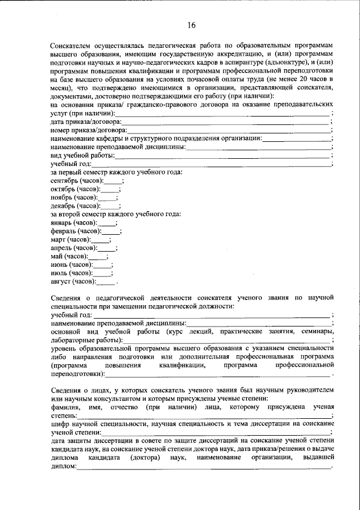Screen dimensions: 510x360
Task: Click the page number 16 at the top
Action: [x=192, y=25]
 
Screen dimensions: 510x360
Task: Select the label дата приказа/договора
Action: [x=84, y=122]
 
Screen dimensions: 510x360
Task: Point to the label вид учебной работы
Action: [x=83, y=155]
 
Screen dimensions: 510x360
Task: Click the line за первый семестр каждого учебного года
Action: [x=115, y=172]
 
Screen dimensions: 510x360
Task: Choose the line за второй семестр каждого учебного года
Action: [x=115, y=214]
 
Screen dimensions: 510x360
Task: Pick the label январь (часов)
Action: [x=74, y=223]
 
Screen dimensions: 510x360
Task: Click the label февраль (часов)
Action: [x=76, y=231]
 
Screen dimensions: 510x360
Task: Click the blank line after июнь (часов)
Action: [x=102, y=265]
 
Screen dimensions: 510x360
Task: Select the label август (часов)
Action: [x=73, y=281]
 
